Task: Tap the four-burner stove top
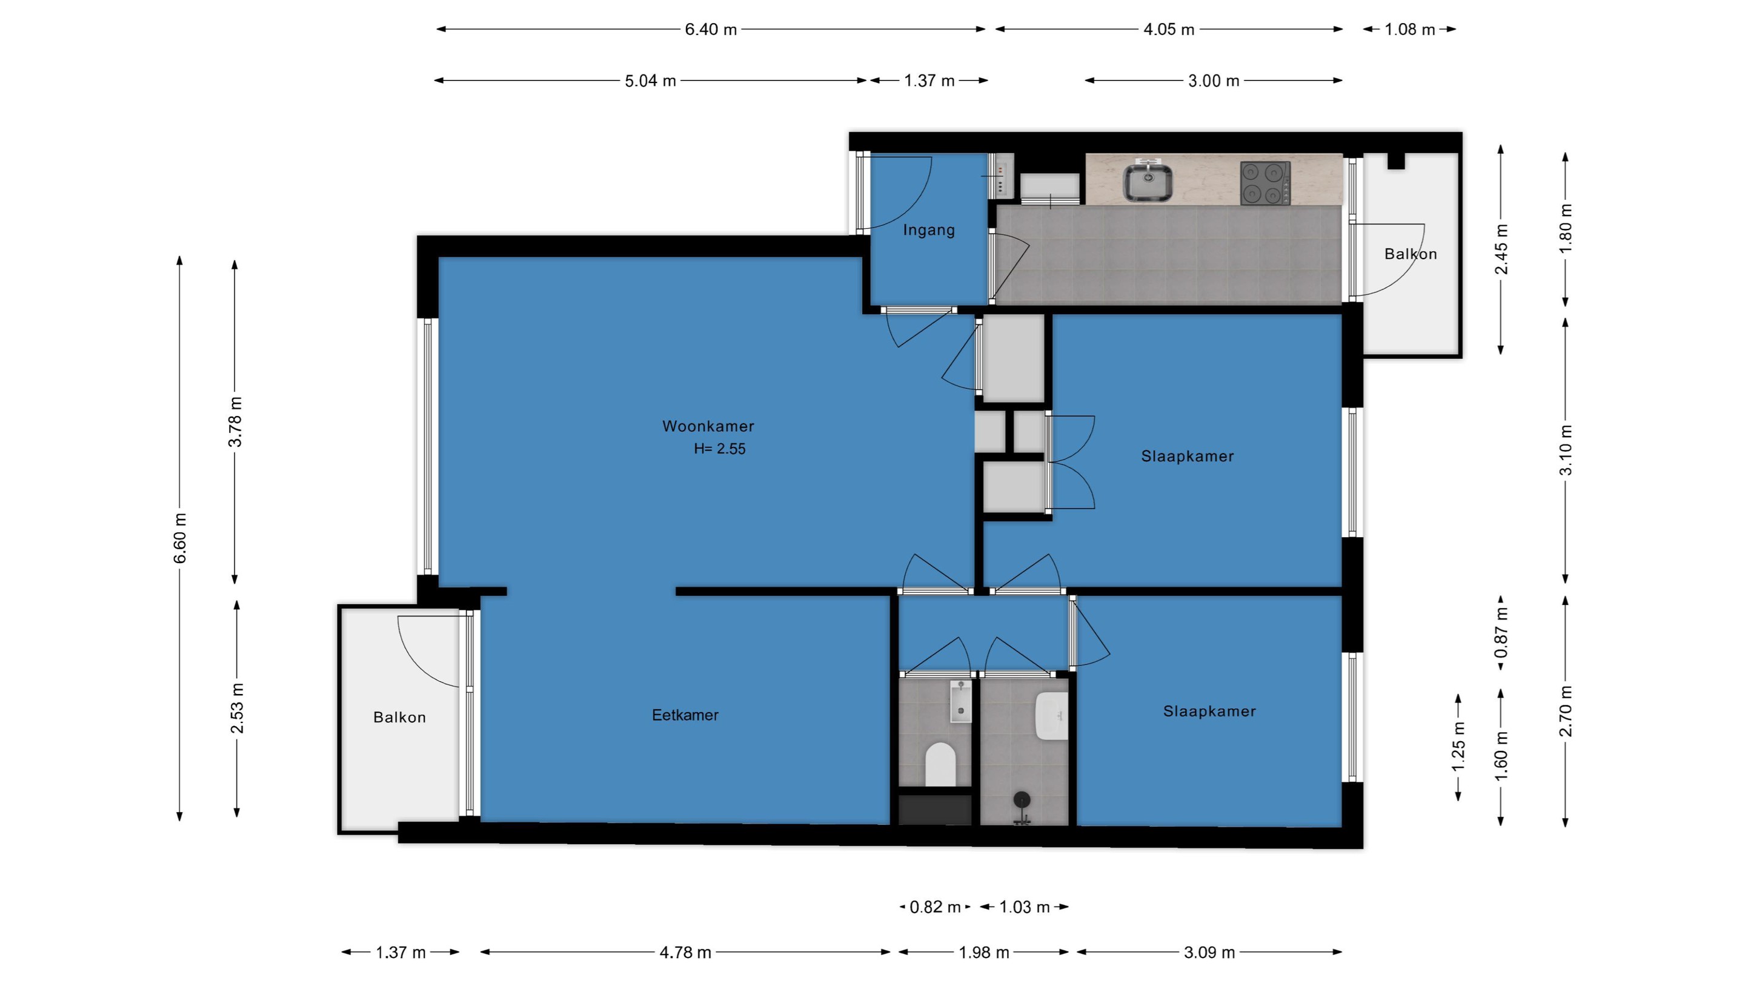tap(1265, 183)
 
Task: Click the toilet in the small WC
tap(940, 764)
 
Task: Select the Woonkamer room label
tap(708, 426)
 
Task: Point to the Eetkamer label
tap(685, 715)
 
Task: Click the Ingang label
tap(929, 230)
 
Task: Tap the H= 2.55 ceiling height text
tap(719, 449)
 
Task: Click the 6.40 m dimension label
tap(711, 29)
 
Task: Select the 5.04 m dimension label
tap(650, 81)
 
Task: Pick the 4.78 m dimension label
tap(685, 953)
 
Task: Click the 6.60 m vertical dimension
tap(179, 538)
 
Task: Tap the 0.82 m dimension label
tap(935, 907)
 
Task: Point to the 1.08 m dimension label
tap(1410, 29)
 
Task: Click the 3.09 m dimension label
tap(1209, 953)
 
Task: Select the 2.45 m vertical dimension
tap(1501, 249)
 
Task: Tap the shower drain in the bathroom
tap(1022, 800)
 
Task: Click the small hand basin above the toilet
tap(960, 702)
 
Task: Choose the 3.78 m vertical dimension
tap(235, 422)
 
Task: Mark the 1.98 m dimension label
tap(983, 953)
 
